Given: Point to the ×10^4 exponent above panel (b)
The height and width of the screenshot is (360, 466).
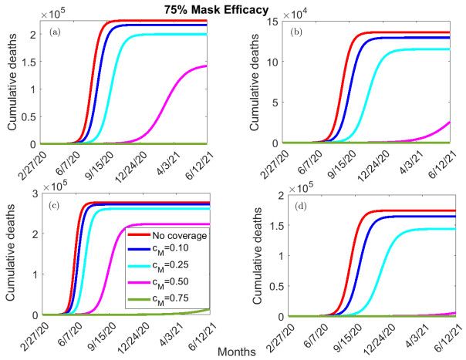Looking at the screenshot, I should pyautogui.click(x=287, y=14).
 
